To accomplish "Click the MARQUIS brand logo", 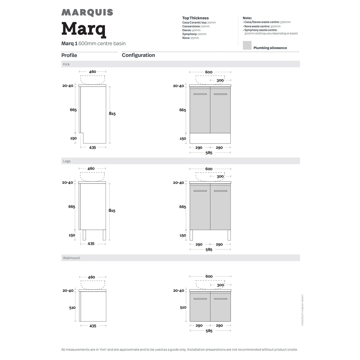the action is point(87,13).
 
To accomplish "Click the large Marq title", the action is point(84,29).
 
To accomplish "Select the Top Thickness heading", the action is point(195,18).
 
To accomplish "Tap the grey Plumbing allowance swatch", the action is point(247,45).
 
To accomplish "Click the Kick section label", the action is point(66,64).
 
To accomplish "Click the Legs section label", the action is point(67,161).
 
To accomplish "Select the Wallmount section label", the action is point(71,258).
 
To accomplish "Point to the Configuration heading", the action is point(138,55).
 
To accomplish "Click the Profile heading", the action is point(69,55).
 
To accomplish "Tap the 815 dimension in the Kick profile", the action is point(112,114).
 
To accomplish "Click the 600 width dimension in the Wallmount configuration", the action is point(209,276).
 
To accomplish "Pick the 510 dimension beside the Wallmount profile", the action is point(72,307).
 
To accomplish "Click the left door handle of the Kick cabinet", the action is point(200,94).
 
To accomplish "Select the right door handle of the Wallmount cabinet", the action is point(220,299).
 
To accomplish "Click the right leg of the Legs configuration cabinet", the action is point(229,235).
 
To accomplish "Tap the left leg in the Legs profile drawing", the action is point(84,235).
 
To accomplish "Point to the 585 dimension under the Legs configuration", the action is point(209,250).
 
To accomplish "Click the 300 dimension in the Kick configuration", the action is point(220,80).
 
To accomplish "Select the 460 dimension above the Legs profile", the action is point(91,169).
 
